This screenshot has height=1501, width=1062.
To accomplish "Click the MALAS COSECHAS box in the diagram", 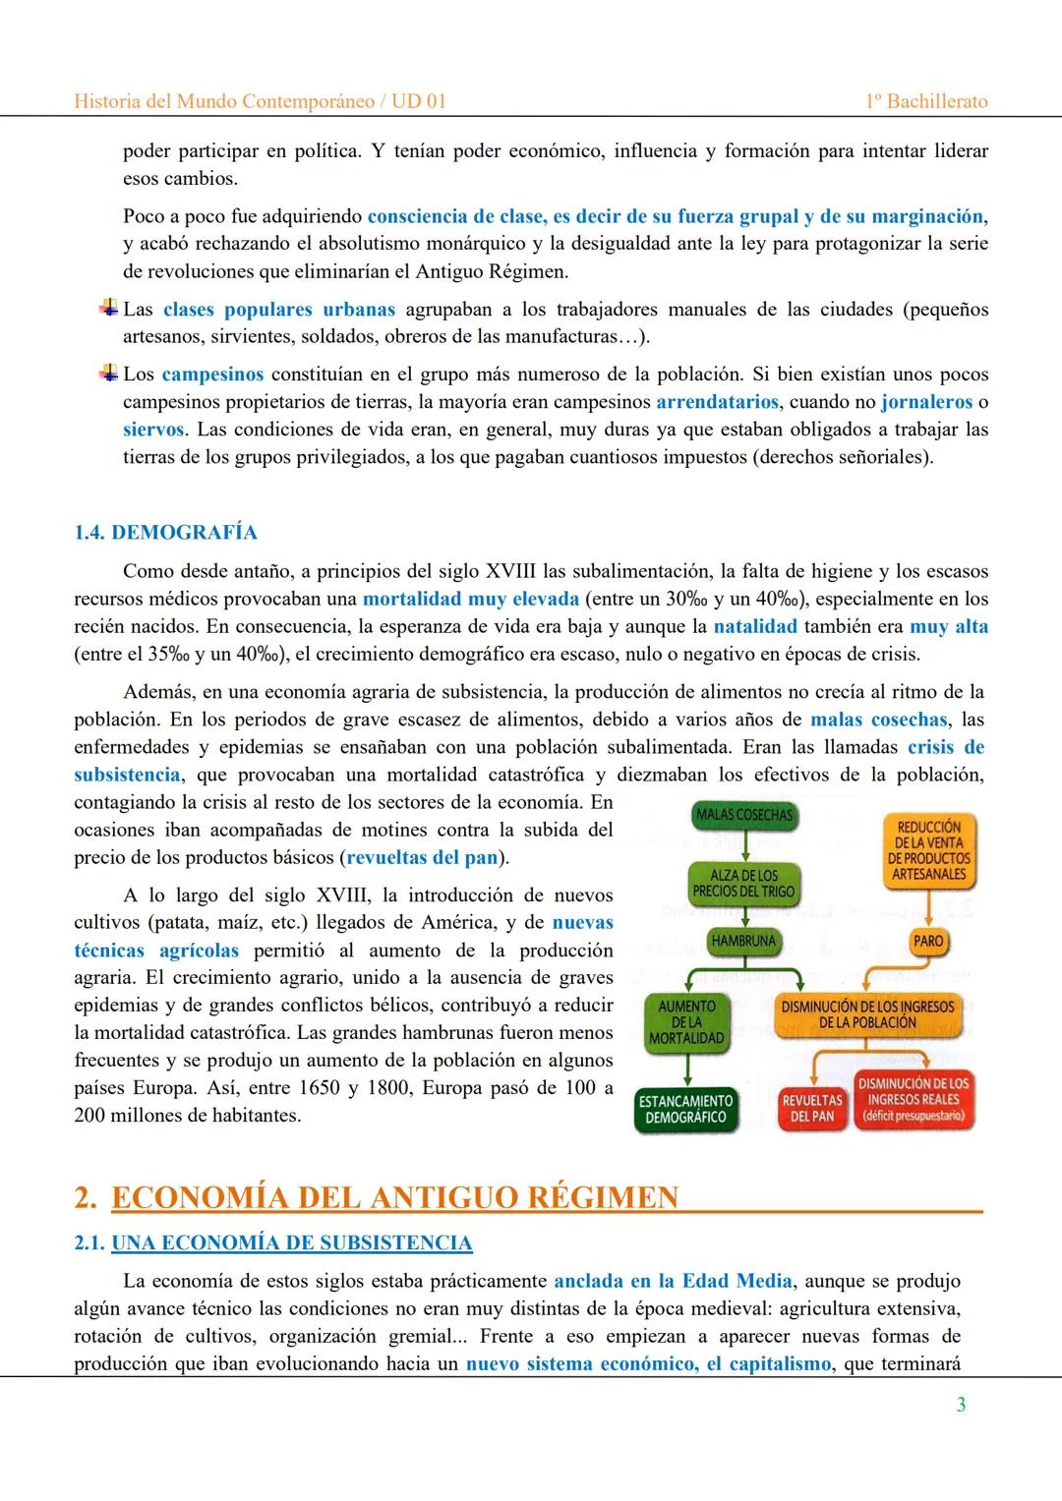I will pyautogui.click(x=743, y=815).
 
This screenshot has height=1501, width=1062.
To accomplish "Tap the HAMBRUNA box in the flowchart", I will pyautogui.click(x=743, y=941).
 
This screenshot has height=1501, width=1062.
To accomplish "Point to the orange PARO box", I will pyautogui.click(x=927, y=941).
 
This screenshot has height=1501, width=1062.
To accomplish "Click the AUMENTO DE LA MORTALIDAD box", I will pyautogui.click(x=686, y=1021).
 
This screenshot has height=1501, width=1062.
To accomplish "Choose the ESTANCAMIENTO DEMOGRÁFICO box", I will pyautogui.click(x=686, y=1109).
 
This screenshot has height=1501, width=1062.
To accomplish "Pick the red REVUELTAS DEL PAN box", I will pyautogui.click(x=811, y=1108).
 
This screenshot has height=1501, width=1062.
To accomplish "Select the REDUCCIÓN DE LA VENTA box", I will pyautogui.click(x=928, y=850).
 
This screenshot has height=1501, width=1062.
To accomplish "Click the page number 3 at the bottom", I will pyautogui.click(x=961, y=1405).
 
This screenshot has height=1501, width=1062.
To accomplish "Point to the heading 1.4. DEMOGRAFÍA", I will pyautogui.click(x=165, y=533).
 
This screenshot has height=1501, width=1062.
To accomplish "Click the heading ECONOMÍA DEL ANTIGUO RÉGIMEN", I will pyautogui.click(x=395, y=1197).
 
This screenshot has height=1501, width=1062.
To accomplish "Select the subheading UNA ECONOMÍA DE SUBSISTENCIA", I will pyautogui.click(x=291, y=1243).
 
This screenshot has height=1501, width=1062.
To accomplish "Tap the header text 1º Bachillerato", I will pyautogui.click(x=926, y=101).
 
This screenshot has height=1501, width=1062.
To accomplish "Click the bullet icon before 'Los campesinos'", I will pyautogui.click(x=108, y=374).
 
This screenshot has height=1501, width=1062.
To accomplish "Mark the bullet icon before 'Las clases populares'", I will pyautogui.click(x=108, y=309).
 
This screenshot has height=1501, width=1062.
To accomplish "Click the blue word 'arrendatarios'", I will pyautogui.click(x=717, y=402).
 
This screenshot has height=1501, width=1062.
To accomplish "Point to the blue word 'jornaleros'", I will pyautogui.click(x=926, y=402).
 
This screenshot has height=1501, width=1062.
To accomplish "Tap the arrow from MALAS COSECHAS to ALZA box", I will pyautogui.click(x=744, y=845).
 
